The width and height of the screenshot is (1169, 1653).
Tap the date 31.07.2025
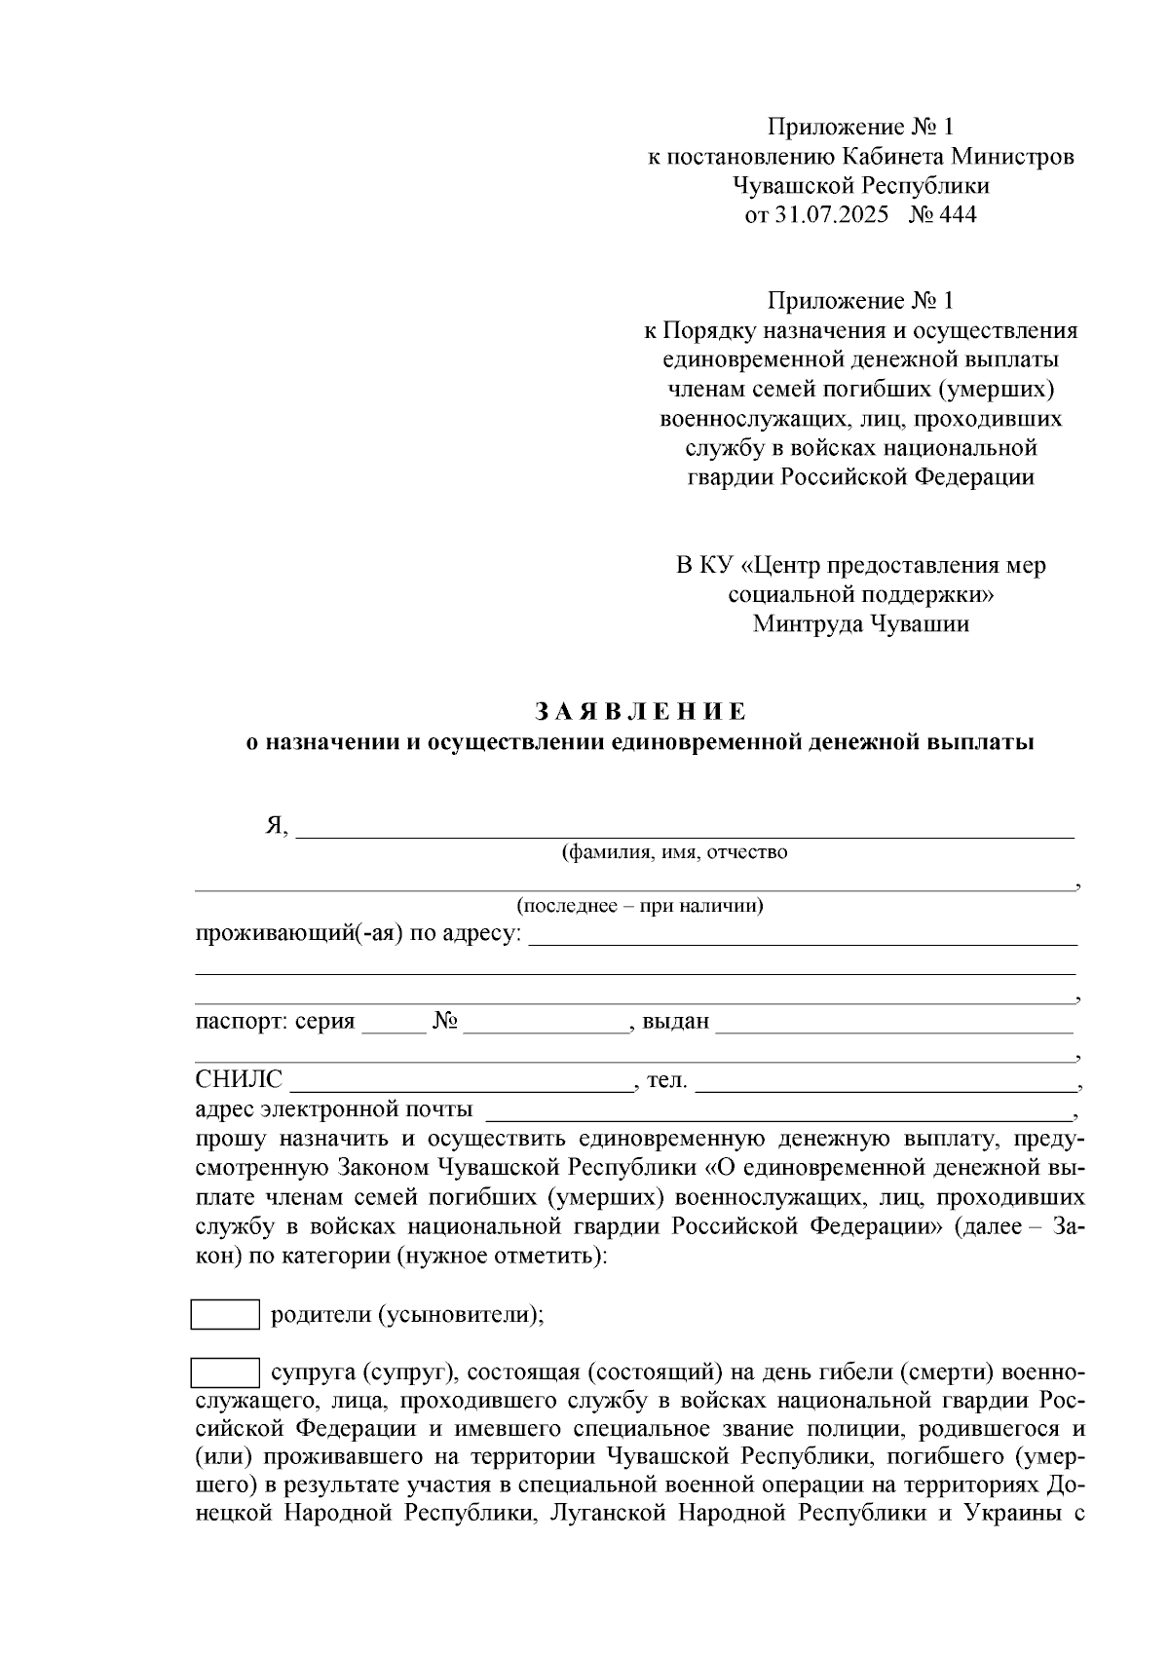click(832, 214)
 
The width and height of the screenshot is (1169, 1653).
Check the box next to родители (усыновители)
click(225, 1315)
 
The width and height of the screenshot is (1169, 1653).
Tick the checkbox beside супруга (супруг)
click(225, 1373)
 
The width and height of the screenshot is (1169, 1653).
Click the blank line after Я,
click(684, 830)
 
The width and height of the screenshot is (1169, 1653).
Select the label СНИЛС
click(239, 1079)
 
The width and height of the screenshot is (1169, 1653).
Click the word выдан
click(676, 1023)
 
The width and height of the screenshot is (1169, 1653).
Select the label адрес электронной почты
click(334, 1108)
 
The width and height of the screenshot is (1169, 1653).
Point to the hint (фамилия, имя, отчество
click(674, 853)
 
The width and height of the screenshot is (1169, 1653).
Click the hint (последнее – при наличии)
click(640, 906)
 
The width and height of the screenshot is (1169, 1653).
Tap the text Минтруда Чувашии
click(860, 624)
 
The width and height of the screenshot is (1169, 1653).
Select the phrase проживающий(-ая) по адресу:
click(358, 934)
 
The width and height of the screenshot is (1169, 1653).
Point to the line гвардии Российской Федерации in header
click(860, 477)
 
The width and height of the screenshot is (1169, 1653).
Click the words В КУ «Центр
click(753, 566)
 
